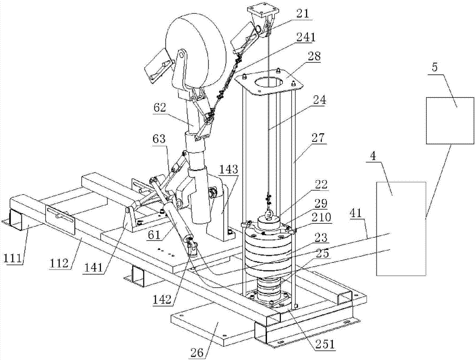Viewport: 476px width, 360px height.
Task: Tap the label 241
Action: click(x=306, y=37)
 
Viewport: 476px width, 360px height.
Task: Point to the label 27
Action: click(x=318, y=138)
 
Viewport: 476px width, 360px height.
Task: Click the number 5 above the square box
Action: click(x=435, y=68)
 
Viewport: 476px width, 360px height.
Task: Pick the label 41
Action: click(x=357, y=213)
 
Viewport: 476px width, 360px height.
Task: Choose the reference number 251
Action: click(x=325, y=344)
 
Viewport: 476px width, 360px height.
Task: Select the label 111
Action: click(x=13, y=259)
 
